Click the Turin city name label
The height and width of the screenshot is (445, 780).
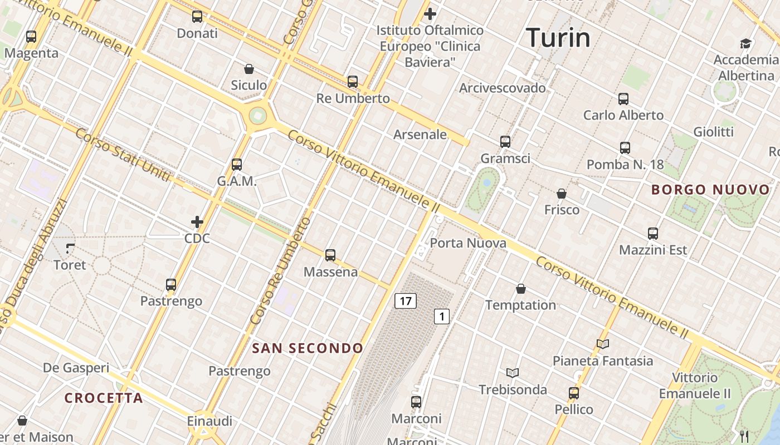(x=558, y=38)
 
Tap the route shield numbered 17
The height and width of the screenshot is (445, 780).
(x=405, y=301)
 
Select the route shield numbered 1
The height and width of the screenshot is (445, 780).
(x=442, y=317)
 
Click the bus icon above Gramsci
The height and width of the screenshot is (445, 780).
(x=505, y=142)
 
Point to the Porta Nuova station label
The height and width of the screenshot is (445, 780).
(x=468, y=243)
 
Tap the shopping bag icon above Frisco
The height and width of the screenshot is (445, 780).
(x=562, y=194)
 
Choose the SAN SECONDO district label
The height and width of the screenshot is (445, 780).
(x=308, y=348)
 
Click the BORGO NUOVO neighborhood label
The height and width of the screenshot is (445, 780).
(x=710, y=190)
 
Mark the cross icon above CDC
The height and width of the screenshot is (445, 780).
(x=197, y=222)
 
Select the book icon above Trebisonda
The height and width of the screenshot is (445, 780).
(x=513, y=373)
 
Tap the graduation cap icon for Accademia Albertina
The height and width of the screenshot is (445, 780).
(x=745, y=43)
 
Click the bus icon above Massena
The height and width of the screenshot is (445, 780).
(x=330, y=255)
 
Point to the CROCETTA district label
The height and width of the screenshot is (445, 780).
(x=104, y=398)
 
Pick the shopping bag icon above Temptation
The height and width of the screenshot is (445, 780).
(x=520, y=289)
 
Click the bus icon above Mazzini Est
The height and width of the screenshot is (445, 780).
(x=653, y=234)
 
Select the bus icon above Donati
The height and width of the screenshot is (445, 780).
(x=197, y=17)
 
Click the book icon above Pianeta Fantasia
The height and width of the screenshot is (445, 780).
(x=602, y=344)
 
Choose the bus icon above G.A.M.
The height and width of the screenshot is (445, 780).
(x=237, y=165)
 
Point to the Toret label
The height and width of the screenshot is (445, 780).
(x=70, y=265)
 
